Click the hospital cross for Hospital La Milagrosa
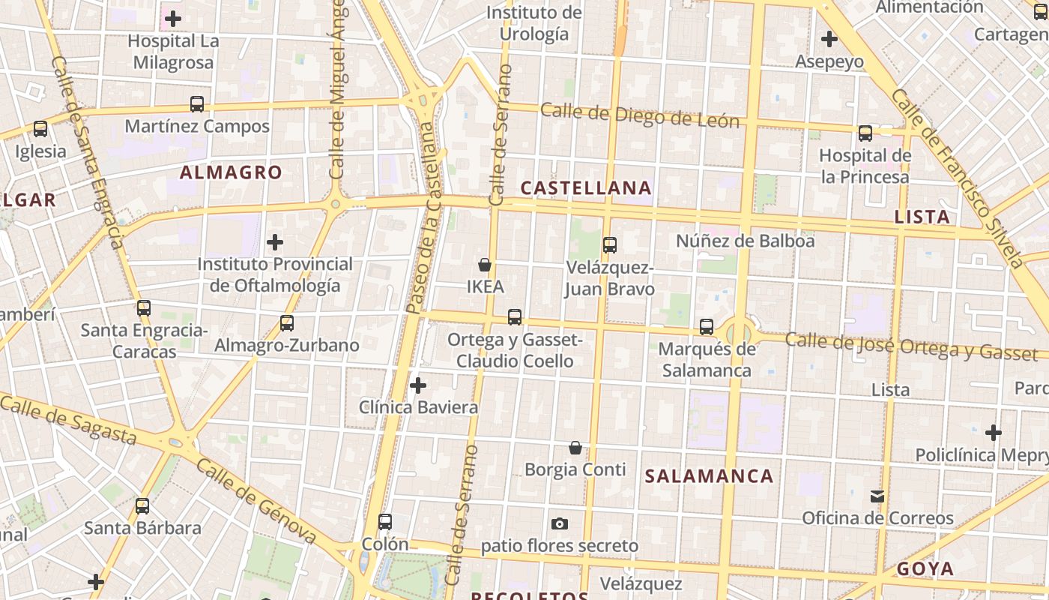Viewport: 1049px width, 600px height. (173, 19)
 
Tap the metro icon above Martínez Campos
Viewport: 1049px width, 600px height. (197, 104)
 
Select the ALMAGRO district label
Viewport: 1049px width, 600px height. (231, 172)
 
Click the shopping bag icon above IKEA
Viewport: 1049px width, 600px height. (485, 265)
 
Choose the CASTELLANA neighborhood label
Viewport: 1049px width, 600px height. (586, 187)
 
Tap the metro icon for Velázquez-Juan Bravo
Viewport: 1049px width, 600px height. (610, 244)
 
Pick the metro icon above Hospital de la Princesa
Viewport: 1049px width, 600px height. (865, 133)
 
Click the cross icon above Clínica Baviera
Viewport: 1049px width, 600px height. (418, 385)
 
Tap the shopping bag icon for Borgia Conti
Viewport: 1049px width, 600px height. (575, 448)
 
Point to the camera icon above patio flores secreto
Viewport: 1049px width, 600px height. (559, 523)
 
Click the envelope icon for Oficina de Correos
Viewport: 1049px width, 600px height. (877, 496)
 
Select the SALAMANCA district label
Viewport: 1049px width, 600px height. (709, 476)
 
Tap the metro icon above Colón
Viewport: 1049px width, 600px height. (385, 522)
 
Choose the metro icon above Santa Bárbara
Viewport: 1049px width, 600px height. (142, 506)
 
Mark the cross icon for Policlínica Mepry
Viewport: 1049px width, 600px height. (994, 433)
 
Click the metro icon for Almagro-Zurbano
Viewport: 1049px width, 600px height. (286, 323)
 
